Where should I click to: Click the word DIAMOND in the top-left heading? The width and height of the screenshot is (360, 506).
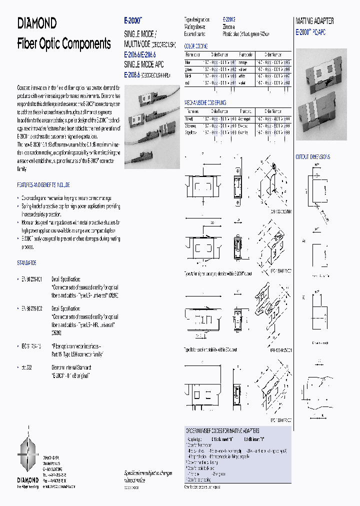37,23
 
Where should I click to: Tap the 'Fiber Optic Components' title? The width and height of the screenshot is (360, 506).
64,43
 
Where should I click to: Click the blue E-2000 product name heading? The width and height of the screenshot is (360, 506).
133,22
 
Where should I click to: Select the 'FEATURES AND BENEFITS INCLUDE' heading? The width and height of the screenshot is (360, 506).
43,184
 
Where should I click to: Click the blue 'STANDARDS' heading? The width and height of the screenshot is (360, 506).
26,262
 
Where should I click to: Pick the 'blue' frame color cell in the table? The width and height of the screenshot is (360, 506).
188,62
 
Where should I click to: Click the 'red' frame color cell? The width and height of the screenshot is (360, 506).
188,82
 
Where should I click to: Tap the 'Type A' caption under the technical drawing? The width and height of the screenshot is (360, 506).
218,274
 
